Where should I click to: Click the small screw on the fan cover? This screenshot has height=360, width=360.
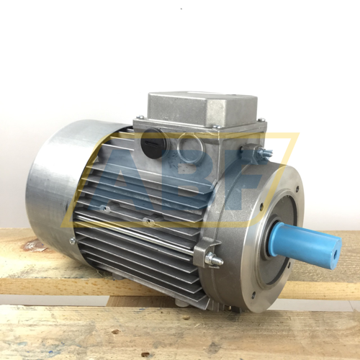(71, 242)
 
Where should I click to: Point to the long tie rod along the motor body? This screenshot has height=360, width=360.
(137, 227)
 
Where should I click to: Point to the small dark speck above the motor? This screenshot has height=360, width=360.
(181, 9)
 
